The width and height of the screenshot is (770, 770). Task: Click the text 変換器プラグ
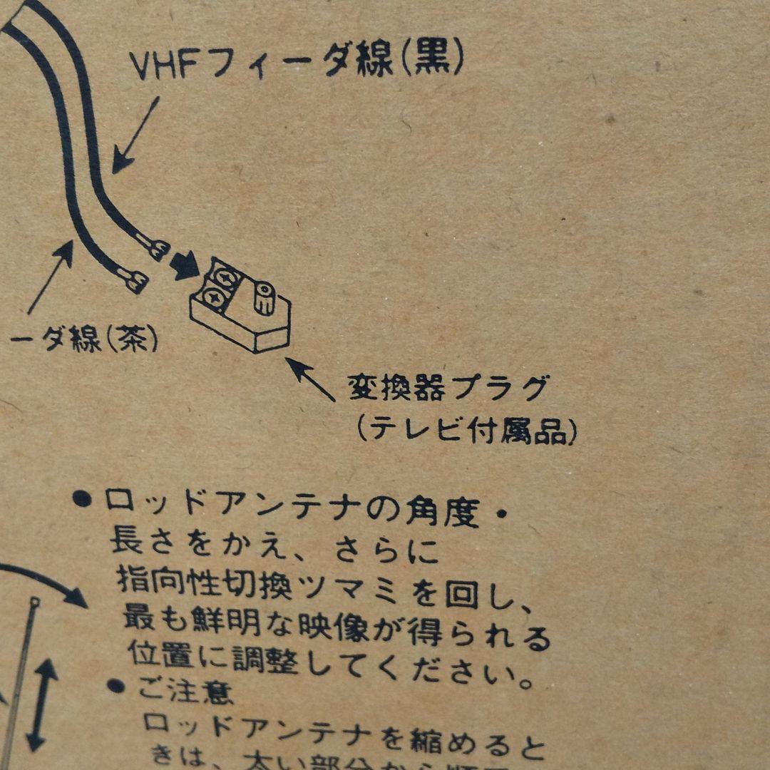click(448, 389)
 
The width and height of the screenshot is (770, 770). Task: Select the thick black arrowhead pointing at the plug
click(186, 266)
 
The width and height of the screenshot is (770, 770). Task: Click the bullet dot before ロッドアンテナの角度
click(83, 498)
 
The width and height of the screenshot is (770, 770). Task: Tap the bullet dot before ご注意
click(116, 687)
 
